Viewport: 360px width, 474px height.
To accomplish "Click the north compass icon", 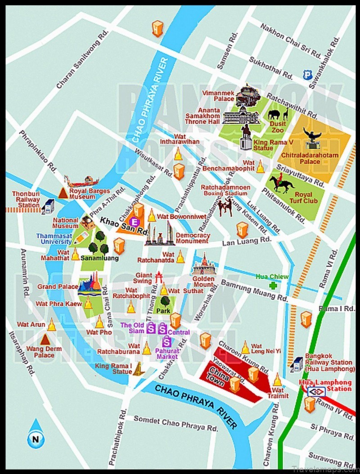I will click(34, 434).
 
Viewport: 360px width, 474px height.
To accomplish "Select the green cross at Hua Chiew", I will click(272, 285).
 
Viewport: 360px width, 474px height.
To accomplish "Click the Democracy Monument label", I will click(193, 238).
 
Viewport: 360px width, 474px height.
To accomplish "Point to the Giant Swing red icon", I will click(158, 276).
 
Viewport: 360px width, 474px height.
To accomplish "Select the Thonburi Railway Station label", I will click(26, 199).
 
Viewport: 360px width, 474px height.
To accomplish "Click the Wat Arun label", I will click(29, 324).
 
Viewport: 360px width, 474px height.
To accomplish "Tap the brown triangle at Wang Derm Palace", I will click(45, 339).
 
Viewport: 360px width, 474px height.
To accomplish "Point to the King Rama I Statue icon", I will click(139, 369).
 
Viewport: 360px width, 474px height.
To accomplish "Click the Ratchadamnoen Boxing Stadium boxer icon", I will click(225, 207).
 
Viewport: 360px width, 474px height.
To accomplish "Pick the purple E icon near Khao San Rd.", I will click(134, 221).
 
